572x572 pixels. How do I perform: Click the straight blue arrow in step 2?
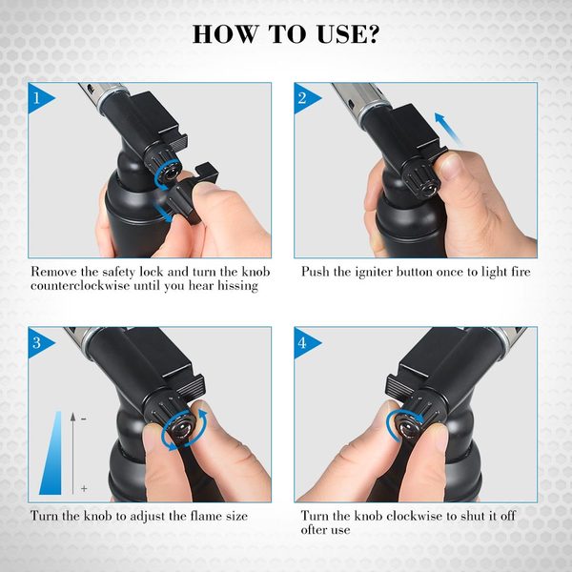[448, 129]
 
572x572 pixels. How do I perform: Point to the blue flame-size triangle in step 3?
[52, 453]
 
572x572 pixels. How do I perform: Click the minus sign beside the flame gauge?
[84, 419]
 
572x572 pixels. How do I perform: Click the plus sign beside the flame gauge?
[84, 488]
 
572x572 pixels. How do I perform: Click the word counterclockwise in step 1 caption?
[80, 285]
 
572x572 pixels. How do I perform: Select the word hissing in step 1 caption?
[237, 286]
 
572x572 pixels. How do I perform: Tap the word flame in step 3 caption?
[204, 516]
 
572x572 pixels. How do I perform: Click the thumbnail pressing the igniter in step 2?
[450, 166]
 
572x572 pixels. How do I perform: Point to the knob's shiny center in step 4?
[408, 429]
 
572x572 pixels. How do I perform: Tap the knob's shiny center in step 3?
[182, 427]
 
